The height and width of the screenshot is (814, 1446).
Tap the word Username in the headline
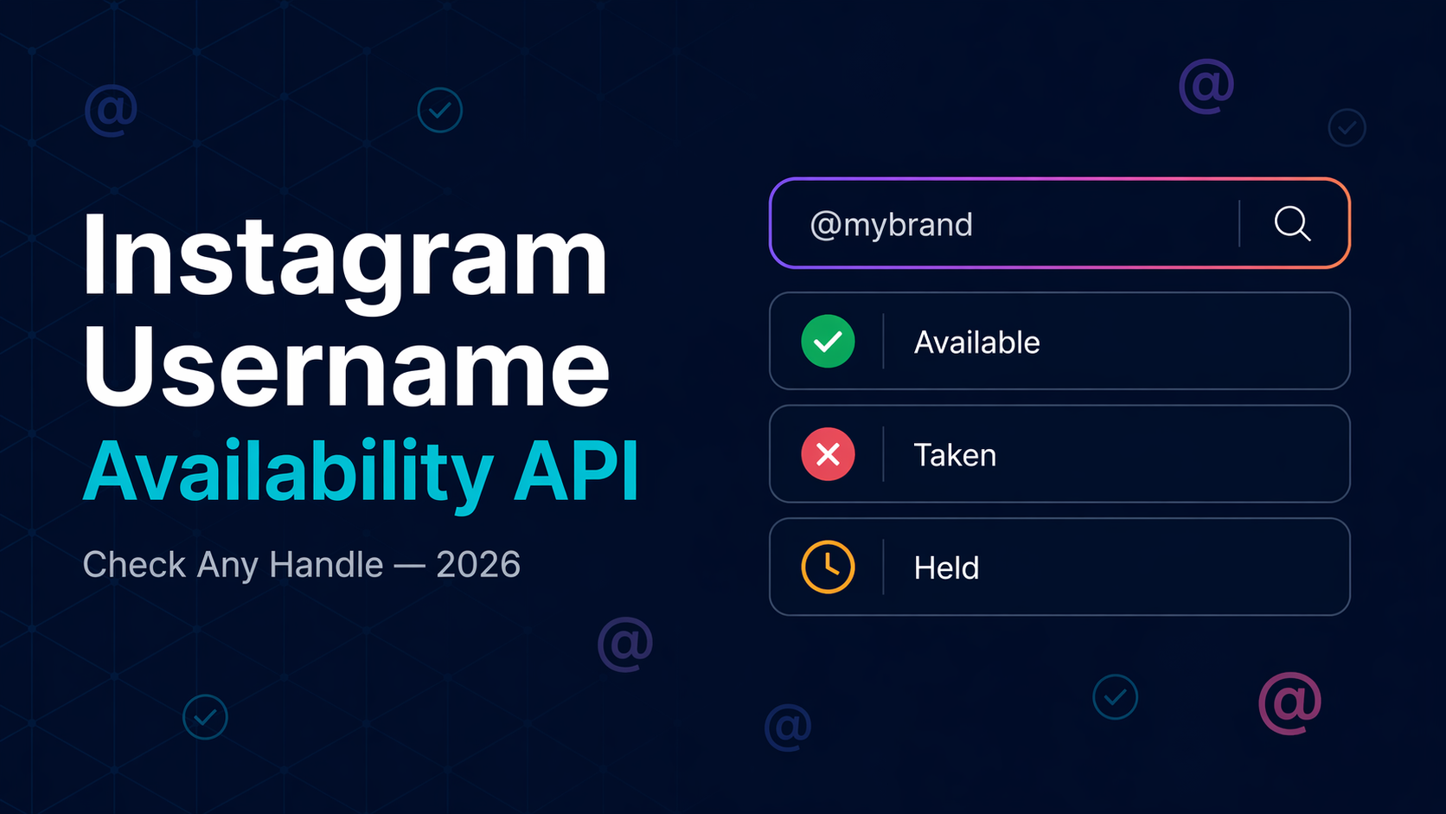346,368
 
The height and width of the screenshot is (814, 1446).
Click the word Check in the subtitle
134,565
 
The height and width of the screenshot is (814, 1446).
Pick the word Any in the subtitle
227,566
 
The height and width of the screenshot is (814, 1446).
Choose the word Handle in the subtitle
326,565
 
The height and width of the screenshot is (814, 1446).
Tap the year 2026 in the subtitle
478,565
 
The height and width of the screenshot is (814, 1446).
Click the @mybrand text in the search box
891,225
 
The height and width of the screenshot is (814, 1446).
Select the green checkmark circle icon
828,342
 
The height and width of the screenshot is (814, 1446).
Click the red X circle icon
828,454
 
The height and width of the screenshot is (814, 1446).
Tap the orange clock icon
828,567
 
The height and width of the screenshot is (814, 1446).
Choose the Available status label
976,343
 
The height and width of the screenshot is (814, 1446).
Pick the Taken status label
955,455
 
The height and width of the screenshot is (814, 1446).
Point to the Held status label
946,568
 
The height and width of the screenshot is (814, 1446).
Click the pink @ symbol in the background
1289,702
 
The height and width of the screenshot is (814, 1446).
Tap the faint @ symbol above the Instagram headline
111,110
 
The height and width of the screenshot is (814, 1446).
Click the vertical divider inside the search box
1239,224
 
